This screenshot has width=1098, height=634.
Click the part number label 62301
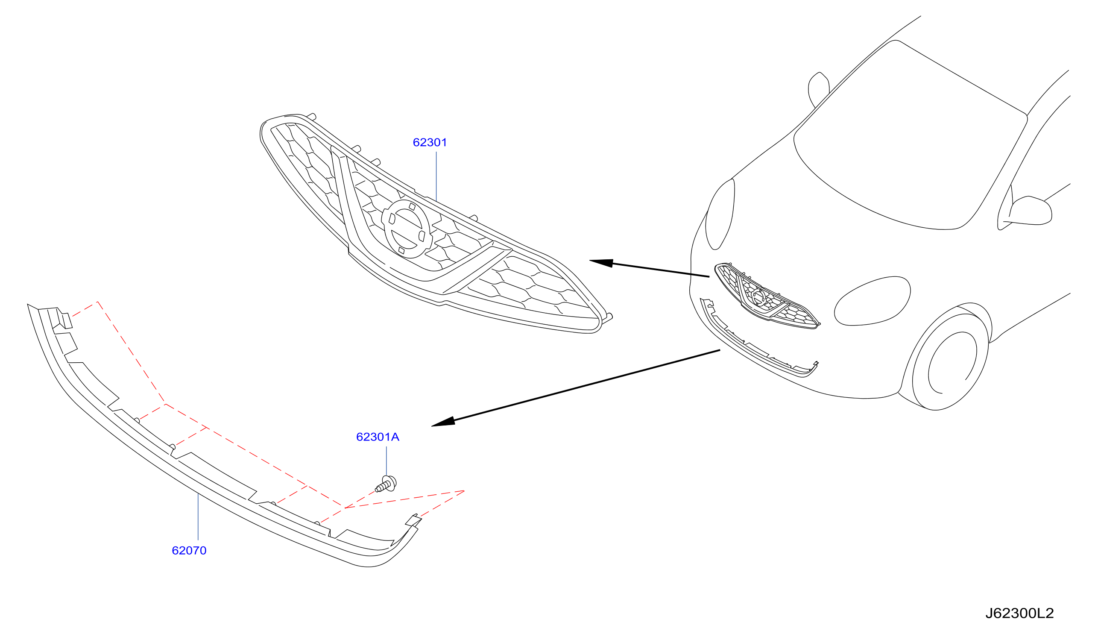tap(430, 142)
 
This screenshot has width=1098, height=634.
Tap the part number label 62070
tap(189, 551)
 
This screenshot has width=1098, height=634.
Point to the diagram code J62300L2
tap(1020, 613)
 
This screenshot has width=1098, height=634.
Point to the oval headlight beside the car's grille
tap(872, 301)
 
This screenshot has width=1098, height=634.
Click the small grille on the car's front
tap(767, 296)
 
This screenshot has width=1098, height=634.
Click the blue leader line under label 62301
tap(436, 176)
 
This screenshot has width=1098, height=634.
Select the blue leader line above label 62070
tap(198, 517)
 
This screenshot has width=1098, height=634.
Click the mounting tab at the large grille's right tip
tap(609, 318)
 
